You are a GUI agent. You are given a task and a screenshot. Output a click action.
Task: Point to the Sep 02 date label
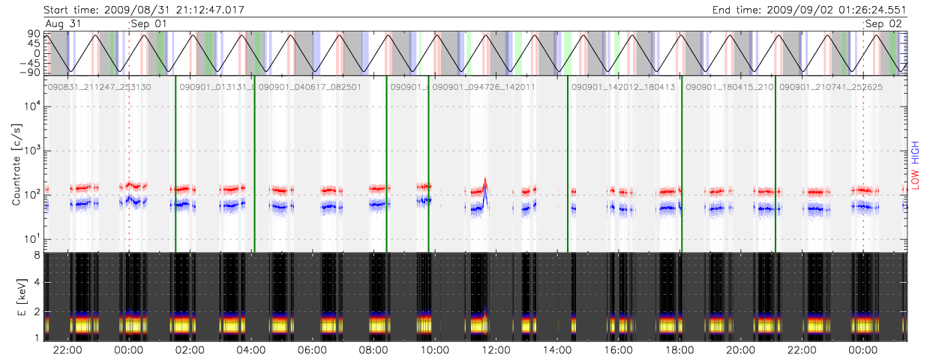tap(883, 23)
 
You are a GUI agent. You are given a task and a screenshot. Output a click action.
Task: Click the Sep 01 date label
tap(148, 23)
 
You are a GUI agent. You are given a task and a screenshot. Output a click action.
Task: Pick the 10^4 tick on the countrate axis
tap(30, 106)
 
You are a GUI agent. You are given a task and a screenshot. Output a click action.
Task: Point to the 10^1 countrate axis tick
tap(30, 240)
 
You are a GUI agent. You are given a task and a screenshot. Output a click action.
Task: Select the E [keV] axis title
tap(16, 296)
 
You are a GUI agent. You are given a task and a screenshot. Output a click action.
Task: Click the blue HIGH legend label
tap(914, 151)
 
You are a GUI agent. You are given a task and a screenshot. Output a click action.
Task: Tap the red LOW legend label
tap(914, 179)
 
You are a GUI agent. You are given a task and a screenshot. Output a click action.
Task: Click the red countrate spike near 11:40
tap(485, 181)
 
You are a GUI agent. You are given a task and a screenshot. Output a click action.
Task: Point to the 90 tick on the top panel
tap(34, 34)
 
